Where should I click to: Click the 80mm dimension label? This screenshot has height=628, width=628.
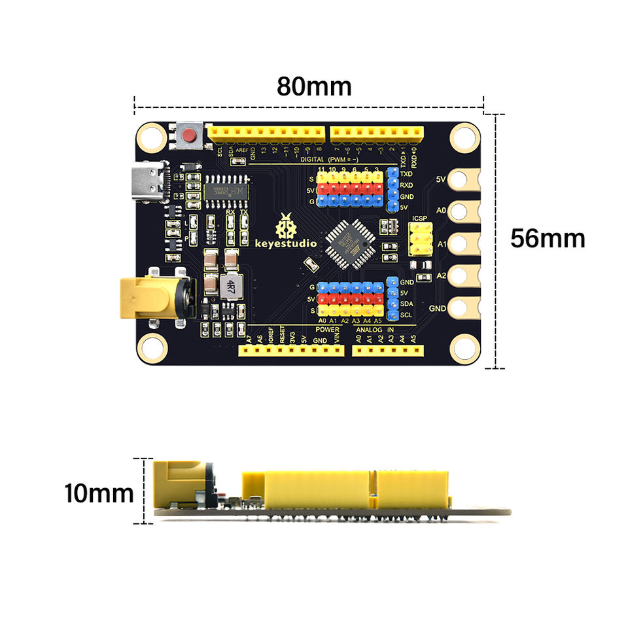[314, 86]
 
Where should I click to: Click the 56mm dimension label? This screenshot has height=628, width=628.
[548, 238]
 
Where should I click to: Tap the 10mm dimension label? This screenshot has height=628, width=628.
[99, 493]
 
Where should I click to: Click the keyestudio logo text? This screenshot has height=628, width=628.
[285, 243]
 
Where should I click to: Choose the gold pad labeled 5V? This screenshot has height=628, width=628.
[466, 178]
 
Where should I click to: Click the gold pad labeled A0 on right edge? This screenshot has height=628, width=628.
[466, 211]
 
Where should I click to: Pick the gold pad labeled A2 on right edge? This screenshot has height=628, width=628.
[466, 275]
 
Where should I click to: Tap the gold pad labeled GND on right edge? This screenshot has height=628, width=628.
[466, 307]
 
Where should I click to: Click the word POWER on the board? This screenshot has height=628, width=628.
[327, 330]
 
